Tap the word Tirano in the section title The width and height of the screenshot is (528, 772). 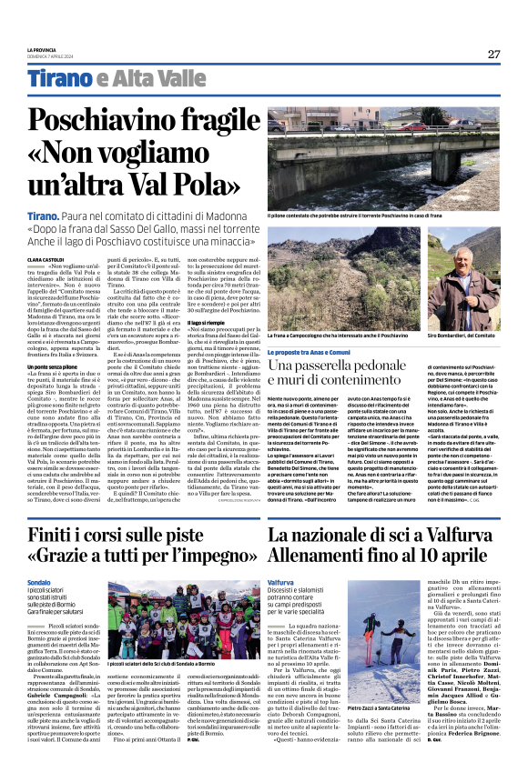58,80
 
